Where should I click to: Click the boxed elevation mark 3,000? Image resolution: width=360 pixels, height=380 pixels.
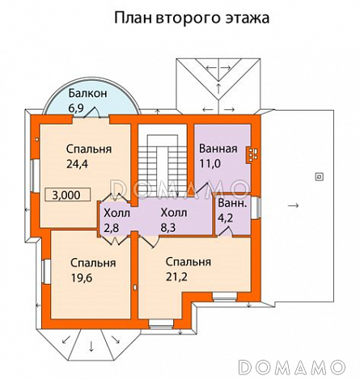coord(69,195)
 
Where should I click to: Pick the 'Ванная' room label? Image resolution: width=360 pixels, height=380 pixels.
coord(218,149)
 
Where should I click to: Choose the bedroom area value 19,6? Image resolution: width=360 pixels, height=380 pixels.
coord(81,277)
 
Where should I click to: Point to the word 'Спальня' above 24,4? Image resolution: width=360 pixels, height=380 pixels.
coord(89,150)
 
